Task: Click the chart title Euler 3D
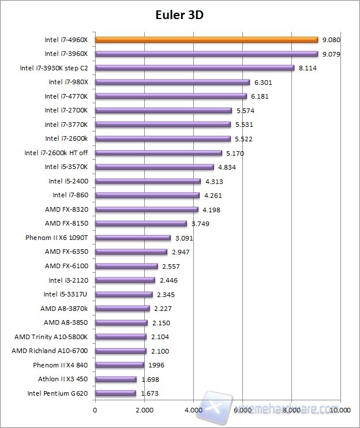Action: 179,15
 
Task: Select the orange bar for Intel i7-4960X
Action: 206,40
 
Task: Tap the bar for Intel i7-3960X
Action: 206,54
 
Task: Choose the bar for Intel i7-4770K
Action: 170,96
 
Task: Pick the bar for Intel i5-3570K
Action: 154,167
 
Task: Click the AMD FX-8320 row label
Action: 66,209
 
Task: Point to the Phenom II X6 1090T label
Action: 57,238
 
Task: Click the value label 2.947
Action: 181,252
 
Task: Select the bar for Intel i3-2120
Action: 125,280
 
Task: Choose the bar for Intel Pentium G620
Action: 115,393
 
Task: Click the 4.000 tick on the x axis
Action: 193,411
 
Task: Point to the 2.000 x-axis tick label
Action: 144,411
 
